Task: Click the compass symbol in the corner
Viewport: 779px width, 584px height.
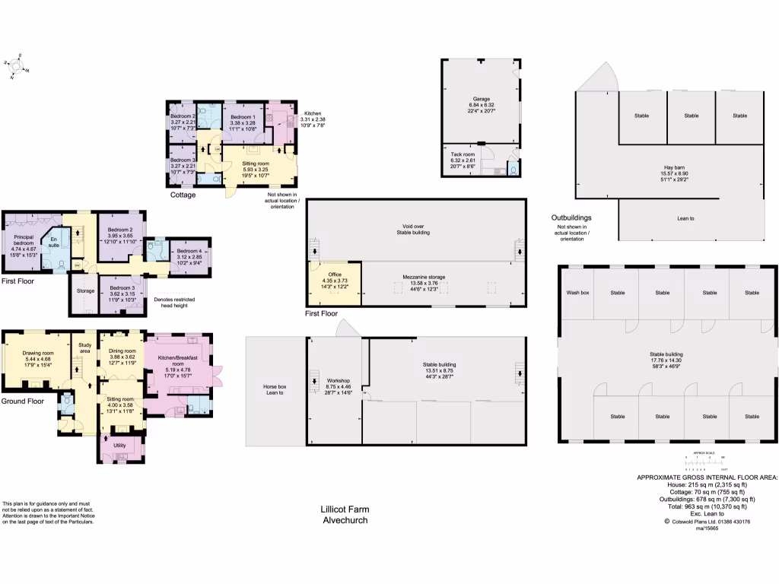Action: click(16, 66)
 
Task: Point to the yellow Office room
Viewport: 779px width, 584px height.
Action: click(335, 280)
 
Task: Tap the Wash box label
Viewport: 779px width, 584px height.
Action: click(578, 292)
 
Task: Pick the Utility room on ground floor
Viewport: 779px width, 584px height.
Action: click(119, 446)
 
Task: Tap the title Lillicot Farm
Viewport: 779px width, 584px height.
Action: click(344, 510)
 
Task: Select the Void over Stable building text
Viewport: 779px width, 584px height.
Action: click(415, 229)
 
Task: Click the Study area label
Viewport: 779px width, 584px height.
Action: click(84, 348)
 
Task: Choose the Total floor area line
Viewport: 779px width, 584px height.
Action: click(707, 506)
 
